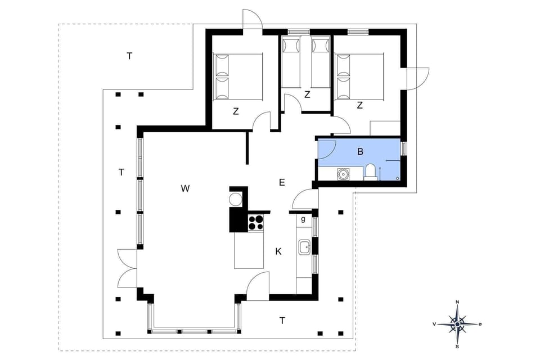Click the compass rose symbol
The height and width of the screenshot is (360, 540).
457,324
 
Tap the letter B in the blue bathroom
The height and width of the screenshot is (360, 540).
360,151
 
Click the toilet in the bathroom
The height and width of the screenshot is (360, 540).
371,172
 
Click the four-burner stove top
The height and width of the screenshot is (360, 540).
256,222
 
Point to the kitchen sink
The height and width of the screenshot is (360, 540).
305,246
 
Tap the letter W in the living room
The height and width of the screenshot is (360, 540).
184,188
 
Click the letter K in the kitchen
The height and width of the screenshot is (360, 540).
278,251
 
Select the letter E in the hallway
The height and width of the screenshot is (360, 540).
282,182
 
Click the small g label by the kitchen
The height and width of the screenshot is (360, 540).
303,219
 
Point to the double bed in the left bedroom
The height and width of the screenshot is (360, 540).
238,77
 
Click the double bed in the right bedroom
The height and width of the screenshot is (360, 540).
359,76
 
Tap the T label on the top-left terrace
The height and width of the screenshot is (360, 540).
129,56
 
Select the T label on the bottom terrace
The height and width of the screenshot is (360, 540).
282,321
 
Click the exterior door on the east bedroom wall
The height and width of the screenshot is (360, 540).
416,77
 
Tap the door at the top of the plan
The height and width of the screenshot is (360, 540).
252,20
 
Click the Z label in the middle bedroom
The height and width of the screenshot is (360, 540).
307,94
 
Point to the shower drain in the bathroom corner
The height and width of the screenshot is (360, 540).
398,178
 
